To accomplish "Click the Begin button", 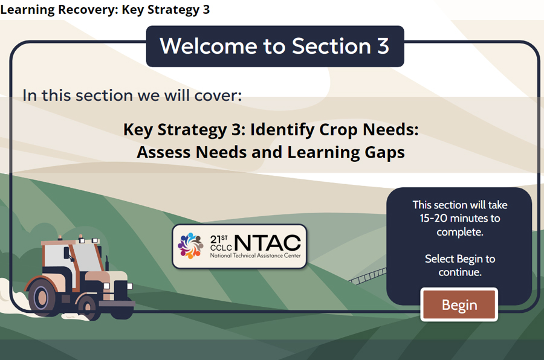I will point(459,305).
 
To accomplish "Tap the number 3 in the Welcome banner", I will point(383,46).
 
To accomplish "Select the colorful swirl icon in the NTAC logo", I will point(190,245).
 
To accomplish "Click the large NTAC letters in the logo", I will point(267,242).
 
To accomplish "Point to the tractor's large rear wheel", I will point(46,296).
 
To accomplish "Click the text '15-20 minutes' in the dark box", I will point(460,218).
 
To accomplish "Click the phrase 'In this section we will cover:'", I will point(132,95).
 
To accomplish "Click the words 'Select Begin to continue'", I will point(459,265).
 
